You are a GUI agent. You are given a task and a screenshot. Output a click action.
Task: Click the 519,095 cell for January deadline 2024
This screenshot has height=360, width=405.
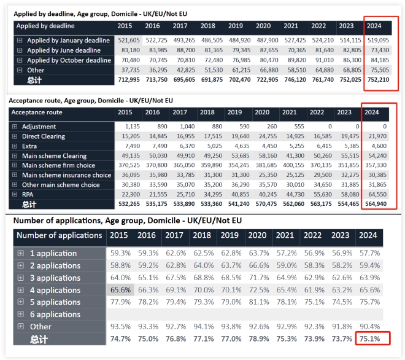378,41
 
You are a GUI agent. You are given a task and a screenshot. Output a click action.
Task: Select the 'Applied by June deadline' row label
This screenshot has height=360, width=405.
64,50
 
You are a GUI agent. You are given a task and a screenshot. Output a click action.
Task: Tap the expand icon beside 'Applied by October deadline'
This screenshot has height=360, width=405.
20,60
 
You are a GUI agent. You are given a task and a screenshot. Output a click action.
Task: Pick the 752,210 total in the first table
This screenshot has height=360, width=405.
378,80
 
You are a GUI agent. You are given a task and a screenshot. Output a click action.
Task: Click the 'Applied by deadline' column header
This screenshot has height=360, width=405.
45,26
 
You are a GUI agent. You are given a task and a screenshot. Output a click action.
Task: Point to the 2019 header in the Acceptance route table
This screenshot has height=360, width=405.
234,112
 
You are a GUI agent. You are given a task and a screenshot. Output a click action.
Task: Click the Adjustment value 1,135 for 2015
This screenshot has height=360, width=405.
133,127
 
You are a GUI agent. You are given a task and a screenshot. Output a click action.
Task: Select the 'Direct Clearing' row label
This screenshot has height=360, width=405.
44,136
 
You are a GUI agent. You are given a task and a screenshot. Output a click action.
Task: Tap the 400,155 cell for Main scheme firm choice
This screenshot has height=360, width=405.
293,165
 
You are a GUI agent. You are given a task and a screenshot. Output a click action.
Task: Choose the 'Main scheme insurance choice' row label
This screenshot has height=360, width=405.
67,175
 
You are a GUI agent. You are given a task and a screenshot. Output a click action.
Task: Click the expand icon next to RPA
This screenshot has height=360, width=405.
15,194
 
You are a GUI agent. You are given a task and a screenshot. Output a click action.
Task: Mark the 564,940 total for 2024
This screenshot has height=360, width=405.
376,204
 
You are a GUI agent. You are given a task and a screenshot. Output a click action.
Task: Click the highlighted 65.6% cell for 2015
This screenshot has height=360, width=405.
120,290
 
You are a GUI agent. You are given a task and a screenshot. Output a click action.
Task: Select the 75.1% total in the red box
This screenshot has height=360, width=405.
369,338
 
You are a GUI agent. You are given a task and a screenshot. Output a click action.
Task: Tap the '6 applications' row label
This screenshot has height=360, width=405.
55,314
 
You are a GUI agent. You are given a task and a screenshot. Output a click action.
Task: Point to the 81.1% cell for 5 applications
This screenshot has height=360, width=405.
259,302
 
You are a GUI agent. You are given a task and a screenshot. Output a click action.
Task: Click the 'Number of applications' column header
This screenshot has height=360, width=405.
60,235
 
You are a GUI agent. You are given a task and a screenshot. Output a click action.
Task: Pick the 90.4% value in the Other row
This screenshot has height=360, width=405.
369,326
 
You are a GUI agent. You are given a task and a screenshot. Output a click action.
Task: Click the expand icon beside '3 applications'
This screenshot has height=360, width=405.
21,278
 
